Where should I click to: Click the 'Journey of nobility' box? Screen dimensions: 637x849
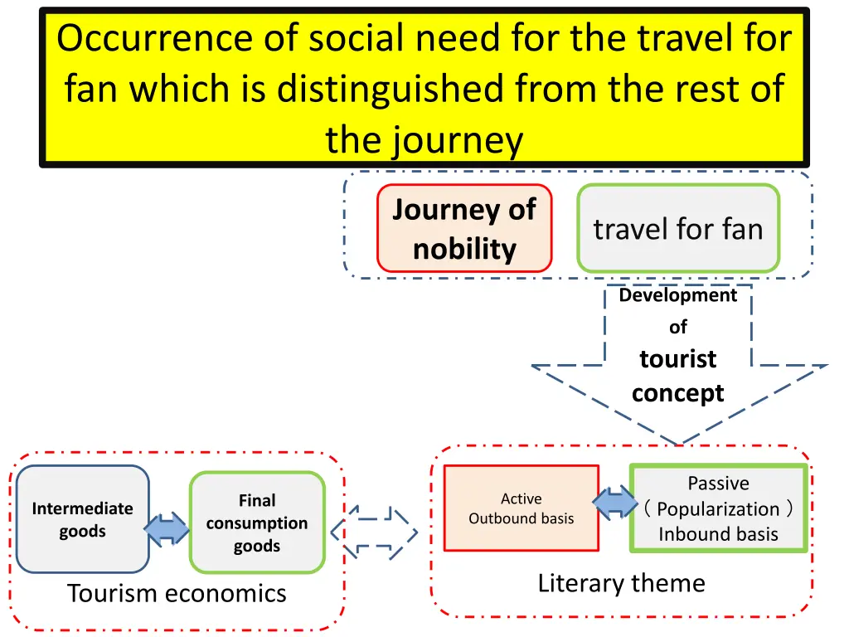coord(464,229)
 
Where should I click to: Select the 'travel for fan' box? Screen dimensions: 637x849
coord(678,229)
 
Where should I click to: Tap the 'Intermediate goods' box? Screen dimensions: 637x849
coord(82,519)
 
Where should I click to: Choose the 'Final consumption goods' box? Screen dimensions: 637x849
coord(256,523)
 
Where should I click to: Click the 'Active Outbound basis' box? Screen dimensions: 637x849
coord(521,508)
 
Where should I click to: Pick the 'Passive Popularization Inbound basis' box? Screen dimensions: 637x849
coord(718,508)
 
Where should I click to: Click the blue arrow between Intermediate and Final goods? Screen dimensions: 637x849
coord(167,528)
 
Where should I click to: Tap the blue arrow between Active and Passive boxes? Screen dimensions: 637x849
coord(614,503)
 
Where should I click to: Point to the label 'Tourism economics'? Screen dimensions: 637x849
coord(177,593)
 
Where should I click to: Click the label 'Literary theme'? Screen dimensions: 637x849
coord(621,583)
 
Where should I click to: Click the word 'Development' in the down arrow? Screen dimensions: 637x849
coord(678,295)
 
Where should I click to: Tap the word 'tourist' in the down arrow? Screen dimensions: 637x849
coord(678,359)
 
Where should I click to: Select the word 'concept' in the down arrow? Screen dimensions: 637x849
coord(678,392)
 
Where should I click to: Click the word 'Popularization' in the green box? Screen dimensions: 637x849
coord(718,508)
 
